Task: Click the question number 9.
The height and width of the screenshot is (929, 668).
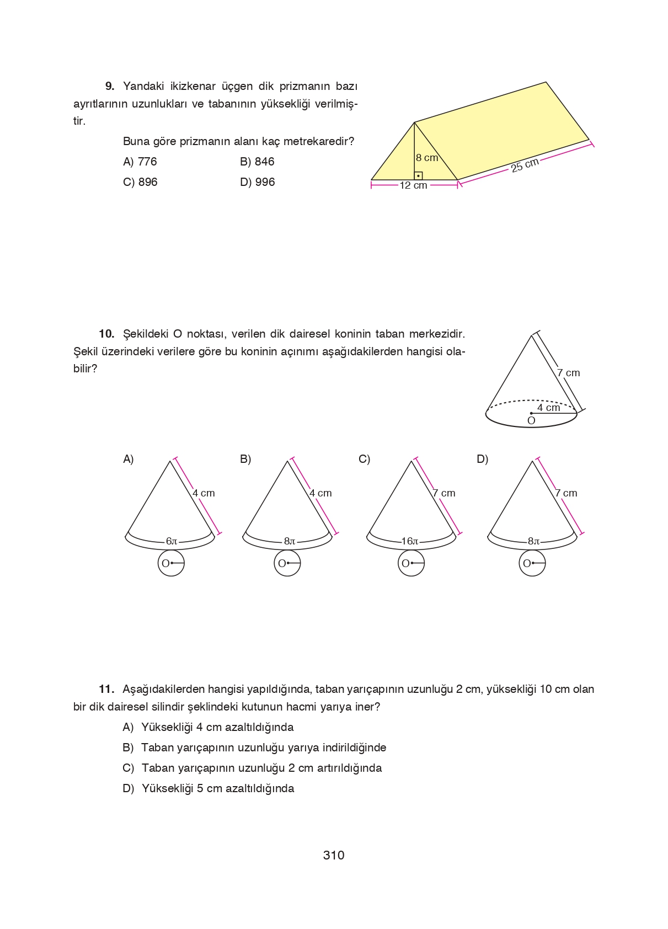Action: coord(110,86)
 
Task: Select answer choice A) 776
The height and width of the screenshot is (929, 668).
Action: coord(140,162)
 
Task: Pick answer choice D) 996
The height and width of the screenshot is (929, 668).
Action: coord(257,182)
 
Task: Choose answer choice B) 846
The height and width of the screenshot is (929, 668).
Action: coord(257,162)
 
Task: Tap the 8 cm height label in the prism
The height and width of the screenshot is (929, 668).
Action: coord(426,158)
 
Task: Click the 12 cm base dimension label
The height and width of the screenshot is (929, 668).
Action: coord(413,185)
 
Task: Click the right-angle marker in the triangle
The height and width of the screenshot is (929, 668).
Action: coord(419,176)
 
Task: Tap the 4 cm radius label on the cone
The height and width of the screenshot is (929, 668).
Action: coord(548,407)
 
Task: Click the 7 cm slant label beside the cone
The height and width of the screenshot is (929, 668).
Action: coord(568,373)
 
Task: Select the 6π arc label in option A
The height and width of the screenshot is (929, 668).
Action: coord(172,541)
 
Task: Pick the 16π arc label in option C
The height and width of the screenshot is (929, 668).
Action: coord(410,541)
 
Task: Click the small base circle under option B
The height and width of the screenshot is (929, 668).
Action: coord(287,563)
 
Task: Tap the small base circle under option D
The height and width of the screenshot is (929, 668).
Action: coord(532,563)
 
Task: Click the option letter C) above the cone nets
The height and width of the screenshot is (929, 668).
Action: coord(364,459)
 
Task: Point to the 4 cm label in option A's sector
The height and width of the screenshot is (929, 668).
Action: coord(204,493)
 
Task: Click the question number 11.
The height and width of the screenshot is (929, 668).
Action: coord(106,689)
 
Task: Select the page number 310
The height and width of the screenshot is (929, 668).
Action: coord(334,855)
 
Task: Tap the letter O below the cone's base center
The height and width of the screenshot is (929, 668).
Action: coord(531,420)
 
